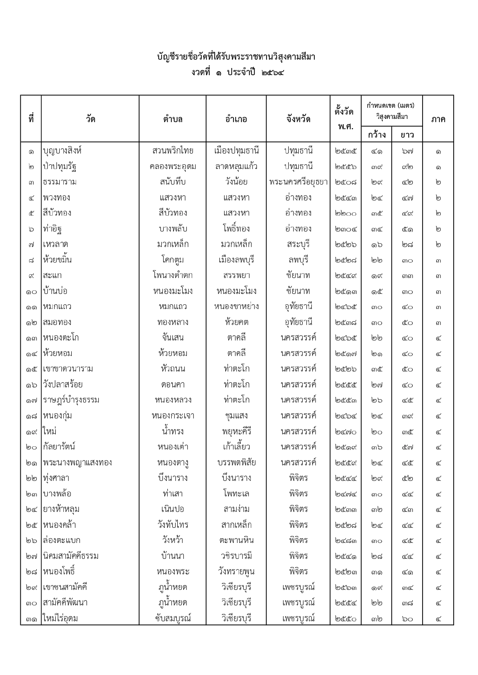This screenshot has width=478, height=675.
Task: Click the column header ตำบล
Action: point(172,119)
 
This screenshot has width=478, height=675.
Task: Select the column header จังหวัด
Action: point(298,119)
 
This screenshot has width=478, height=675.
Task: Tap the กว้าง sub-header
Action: point(376,134)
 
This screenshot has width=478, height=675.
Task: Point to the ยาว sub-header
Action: point(407,134)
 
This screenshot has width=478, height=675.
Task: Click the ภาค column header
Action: point(438,119)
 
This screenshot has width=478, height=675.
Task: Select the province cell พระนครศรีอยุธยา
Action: point(298,182)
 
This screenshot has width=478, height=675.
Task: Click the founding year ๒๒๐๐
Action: point(345,213)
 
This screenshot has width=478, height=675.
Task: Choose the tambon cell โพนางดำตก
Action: point(172,276)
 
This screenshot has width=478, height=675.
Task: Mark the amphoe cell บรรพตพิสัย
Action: point(236,463)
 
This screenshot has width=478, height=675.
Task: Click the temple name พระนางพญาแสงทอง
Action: point(77,463)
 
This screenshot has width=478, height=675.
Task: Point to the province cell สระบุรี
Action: point(298,244)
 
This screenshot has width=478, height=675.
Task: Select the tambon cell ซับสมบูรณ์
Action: point(172,619)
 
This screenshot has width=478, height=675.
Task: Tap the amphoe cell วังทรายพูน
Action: point(236,572)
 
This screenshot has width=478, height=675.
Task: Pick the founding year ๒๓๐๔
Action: point(345,229)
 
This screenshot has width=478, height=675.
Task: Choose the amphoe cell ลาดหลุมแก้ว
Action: point(236,167)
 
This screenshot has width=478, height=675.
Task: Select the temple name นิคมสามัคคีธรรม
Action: point(71,556)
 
